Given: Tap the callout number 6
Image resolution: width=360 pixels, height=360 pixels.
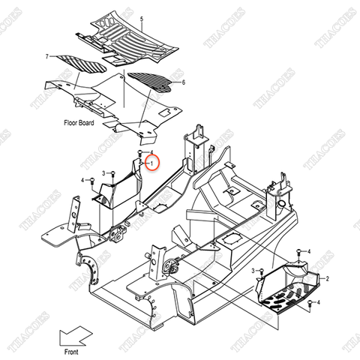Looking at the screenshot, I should pyautogui.click(x=182, y=81).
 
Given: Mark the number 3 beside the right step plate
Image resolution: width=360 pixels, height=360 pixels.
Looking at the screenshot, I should pyautogui.click(x=253, y=269).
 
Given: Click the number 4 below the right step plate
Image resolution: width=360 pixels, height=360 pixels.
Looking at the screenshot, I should pyautogui.click(x=319, y=302).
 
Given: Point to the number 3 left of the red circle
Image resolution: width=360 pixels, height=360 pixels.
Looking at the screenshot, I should pyautogui.click(x=104, y=172).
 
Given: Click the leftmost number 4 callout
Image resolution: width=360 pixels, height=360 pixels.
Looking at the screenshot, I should pyautogui.click(x=82, y=181).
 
